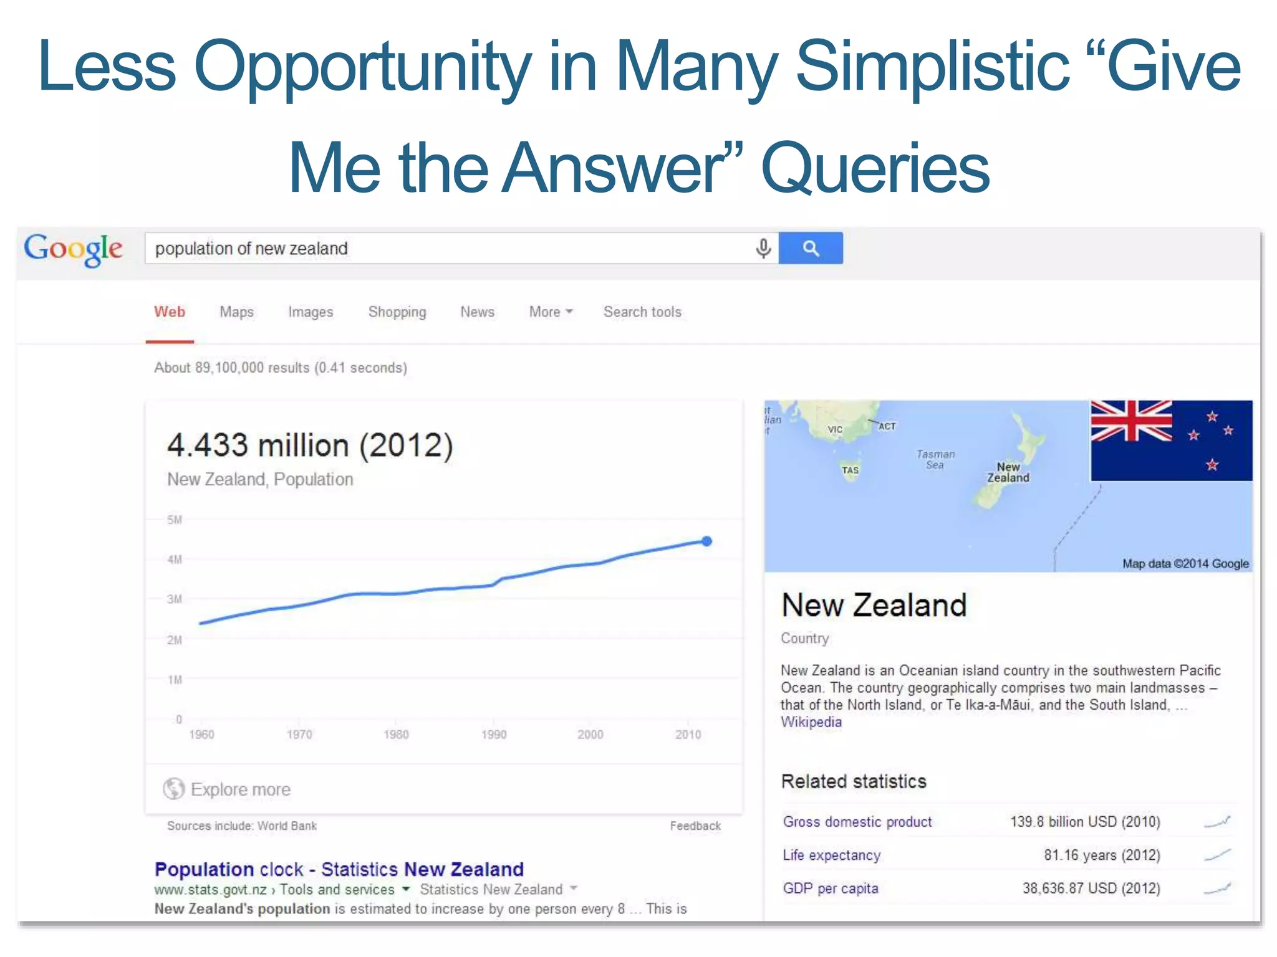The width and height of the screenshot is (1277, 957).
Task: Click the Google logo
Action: tap(73, 249)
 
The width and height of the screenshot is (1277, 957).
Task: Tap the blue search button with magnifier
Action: tap(810, 248)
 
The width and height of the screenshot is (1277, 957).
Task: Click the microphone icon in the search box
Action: tap(763, 248)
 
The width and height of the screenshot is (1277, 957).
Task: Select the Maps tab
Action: tap(236, 312)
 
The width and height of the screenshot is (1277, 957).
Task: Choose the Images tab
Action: tap(311, 312)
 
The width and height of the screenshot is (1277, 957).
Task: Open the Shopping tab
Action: tap(397, 312)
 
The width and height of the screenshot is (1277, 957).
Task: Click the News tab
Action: tap(477, 312)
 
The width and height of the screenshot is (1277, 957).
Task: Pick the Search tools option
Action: tap(642, 312)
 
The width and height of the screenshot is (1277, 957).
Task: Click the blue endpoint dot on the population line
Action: tap(706, 541)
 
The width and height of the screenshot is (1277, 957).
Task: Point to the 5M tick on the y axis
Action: tap(175, 520)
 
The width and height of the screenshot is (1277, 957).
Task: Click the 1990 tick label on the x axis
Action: tap(494, 735)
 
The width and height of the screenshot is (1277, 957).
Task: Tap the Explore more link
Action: tap(240, 789)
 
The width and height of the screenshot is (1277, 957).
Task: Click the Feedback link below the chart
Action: tap(695, 826)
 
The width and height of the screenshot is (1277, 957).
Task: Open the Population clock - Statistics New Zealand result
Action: tap(339, 869)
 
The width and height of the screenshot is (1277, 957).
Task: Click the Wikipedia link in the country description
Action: tap(811, 722)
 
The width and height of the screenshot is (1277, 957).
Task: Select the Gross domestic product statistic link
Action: tap(857, 822)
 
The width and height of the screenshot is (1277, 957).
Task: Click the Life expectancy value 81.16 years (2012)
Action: tap(1102, 855)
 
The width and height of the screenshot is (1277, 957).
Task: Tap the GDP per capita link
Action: tap(831, 888)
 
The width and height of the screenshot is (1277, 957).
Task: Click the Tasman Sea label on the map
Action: tap(935, 459)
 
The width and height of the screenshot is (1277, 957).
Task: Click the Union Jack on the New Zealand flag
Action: tap(1131, 421)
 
